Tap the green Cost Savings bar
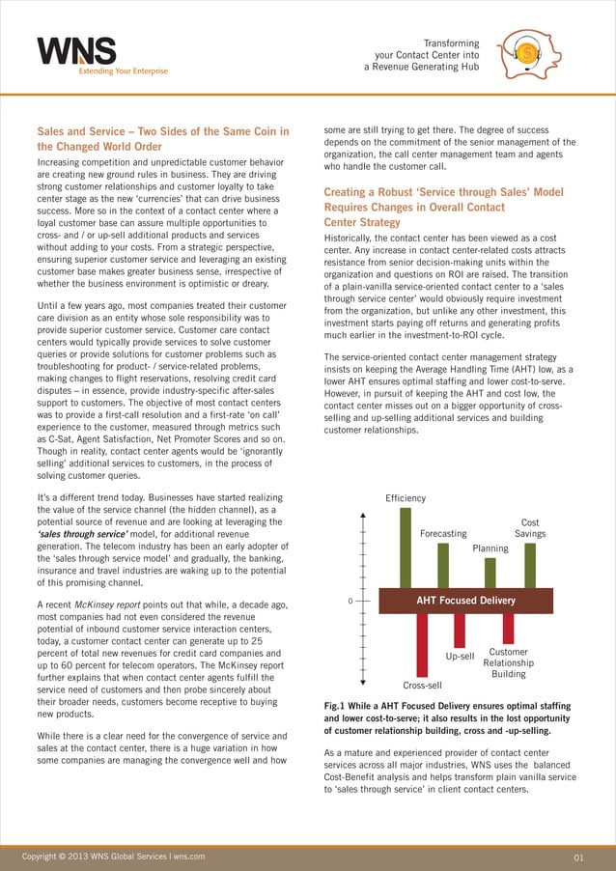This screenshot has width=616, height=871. tap(529, 565)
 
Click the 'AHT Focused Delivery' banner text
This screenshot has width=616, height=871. tap(464, 601)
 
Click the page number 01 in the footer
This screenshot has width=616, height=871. tap(579, 856)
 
